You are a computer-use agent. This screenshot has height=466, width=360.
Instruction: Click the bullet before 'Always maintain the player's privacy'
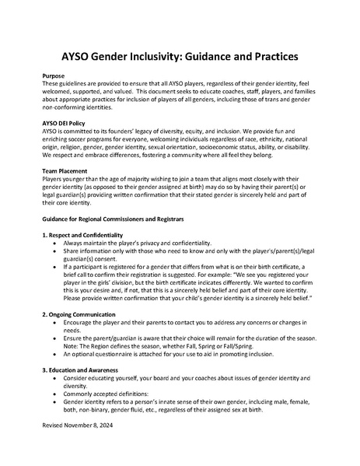pyautogui.click(x=54, y=244)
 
